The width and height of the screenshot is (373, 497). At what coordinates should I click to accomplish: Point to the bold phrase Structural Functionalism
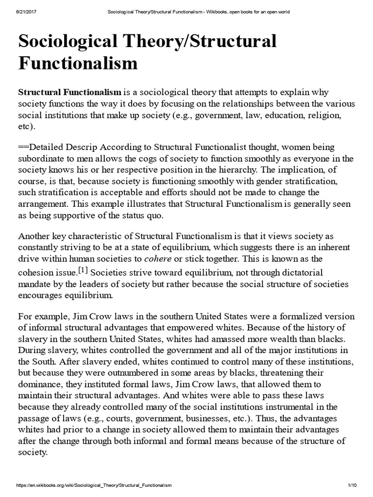point(69,92)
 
